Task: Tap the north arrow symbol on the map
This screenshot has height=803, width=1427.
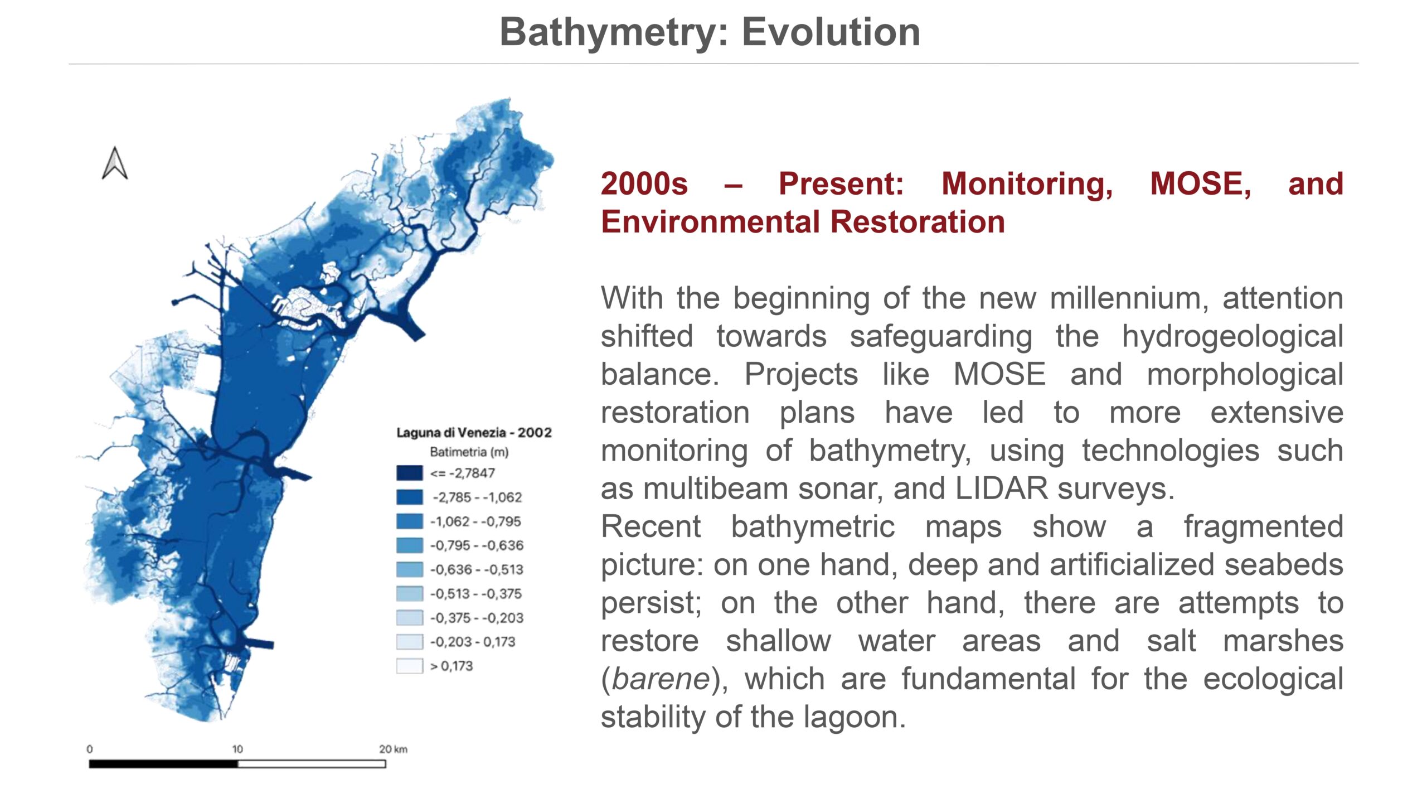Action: [115, 163]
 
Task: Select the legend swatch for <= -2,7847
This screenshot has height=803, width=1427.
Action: [409, 473]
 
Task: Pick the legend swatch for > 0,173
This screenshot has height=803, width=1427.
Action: [409, 666]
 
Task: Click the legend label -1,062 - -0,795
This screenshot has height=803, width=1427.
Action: [475, 521]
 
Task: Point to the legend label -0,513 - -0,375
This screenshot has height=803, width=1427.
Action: [475, 593]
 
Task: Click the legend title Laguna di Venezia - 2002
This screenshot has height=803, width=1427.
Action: [474, 432]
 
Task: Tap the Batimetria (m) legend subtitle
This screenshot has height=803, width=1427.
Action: [469, 452]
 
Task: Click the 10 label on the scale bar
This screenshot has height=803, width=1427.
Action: [237, 749]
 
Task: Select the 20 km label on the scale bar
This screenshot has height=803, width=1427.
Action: [393, 749]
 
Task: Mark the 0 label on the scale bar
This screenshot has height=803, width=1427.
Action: [90, 749]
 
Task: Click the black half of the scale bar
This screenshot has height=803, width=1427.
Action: [163, 763]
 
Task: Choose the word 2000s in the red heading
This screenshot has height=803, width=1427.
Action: [644, 183]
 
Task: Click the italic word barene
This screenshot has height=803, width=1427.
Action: [661, 679]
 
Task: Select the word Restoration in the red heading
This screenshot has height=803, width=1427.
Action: [918, 221]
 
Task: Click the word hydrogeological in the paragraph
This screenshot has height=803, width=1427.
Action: [1232, 336]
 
